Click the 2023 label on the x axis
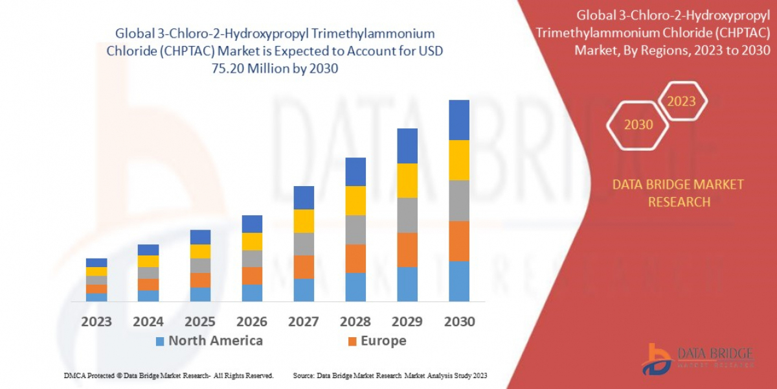click(x=96, y=322)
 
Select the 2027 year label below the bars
click(x=304, y=322)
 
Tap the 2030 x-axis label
click(x=459, y=322)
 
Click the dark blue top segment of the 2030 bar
click(x=459, y=120)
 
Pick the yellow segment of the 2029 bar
click(x=407, y=180)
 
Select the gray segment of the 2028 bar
click(x=355, y=230)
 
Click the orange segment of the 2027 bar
click(x=304, y=267)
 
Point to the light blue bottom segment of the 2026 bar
click(x=252, y=293)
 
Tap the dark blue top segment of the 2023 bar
click(x=96, y=263)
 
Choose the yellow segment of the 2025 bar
click(x=200, y=252)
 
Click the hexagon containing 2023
click(x=681, y=101)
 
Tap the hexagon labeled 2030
click(x=638, y=124)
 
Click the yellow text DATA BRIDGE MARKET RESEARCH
click(x=678, y=193)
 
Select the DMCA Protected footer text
click(x=168, y=376)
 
